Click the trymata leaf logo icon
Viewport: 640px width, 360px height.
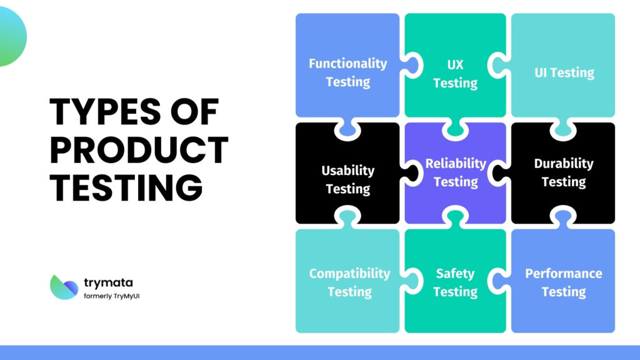pos(64,287)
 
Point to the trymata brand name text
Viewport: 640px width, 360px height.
pos(107,282)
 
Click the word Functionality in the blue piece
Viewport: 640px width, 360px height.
pos(347,63)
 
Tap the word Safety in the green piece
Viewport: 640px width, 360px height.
pos(455,273)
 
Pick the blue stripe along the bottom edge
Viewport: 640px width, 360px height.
pos(320,352)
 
